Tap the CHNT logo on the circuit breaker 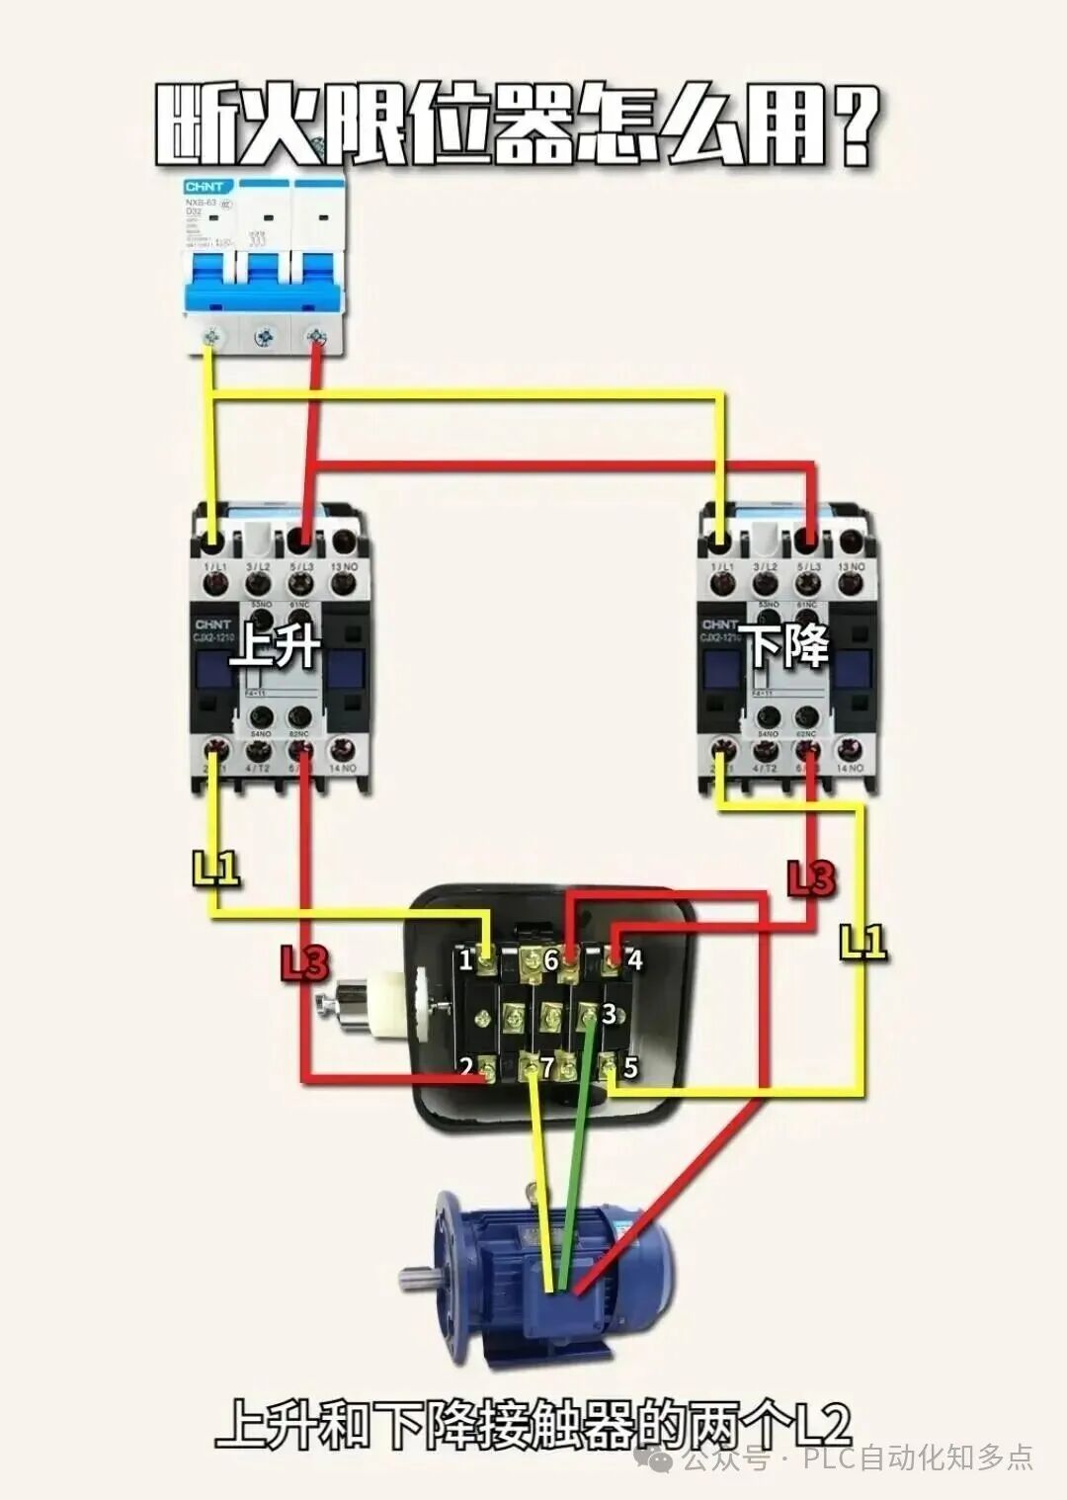pos(208,187)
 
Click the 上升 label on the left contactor pos(275,647)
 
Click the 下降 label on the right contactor pos(787,647)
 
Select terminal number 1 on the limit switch pos(465,959)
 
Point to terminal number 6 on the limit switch pos(551,959)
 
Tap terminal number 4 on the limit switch pos(634,959)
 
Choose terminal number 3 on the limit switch pos(609,1013)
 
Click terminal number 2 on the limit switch pos(465,1067)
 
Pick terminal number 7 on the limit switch pos(546,1067)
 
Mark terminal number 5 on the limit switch pos(630,1067)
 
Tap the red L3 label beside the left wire pos(304,963)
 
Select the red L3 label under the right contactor pos(810,877)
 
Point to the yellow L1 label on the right pos(862,942)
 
